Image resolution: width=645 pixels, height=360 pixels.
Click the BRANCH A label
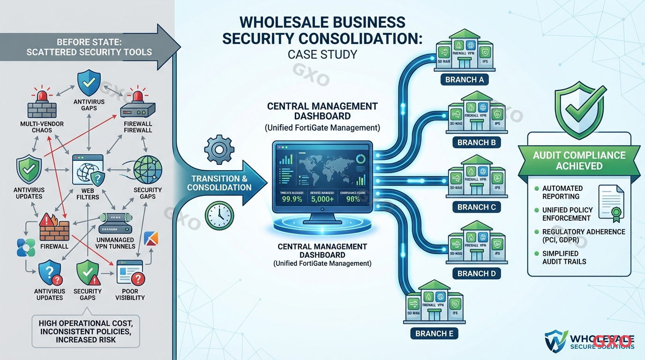(464, 80)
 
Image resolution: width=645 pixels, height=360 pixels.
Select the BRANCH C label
(476, 207)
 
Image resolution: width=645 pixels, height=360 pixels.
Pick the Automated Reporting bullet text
(562, 192)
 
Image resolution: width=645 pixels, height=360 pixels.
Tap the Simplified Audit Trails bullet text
(564, 257)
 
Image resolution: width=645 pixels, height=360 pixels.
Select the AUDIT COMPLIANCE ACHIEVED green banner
(579, 160)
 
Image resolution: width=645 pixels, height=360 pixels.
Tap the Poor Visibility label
(130, 294)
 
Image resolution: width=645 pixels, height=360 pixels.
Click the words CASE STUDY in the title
(322, 54)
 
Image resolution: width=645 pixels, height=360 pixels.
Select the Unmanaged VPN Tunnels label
(115, 242)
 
